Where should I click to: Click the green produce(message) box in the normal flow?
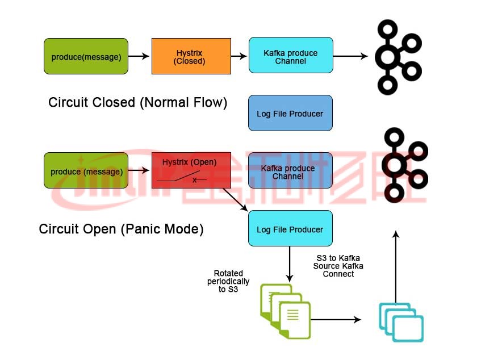[x=86, y=56]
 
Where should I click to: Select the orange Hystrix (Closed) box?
[x=191, y=56]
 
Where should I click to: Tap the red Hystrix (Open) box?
[x=191, y=169]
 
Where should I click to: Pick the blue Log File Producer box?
[x=290, y=114]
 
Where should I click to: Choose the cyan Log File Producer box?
[x=290, y=229]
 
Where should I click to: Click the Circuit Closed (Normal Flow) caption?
[x=137, y=103]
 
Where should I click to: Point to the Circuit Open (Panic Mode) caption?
[x=121, y=229]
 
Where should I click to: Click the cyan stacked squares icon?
[x=401, y=322]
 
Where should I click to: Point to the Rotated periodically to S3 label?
[x=228, y=281]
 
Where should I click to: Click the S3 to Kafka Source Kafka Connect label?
[x=338, y=266]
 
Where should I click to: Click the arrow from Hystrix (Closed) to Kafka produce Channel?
[x=240, y=56]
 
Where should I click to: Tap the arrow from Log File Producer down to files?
[x=290, y=264]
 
